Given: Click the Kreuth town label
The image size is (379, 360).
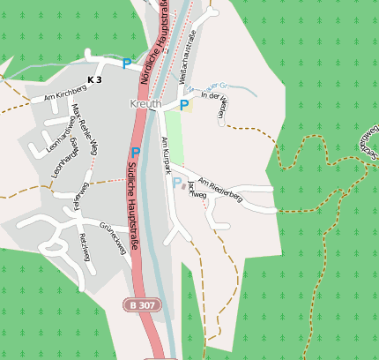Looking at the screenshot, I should coord(145,104).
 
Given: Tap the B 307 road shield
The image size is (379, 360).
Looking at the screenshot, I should coord(141,304).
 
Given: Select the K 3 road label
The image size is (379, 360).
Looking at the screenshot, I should coord(94,56).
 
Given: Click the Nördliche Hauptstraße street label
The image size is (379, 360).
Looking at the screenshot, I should coord(153,44).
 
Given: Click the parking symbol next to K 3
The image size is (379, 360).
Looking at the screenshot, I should coord(127,64).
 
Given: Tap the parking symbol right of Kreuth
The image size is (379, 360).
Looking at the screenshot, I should coord(184,105).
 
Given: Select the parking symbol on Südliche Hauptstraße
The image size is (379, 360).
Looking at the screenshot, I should coord(136,153).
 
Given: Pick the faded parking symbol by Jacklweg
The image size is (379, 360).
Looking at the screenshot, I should coord(176,183).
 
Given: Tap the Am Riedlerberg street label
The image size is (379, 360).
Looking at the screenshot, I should coord(219,187).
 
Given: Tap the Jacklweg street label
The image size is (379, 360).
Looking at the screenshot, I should coord(197,188).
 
